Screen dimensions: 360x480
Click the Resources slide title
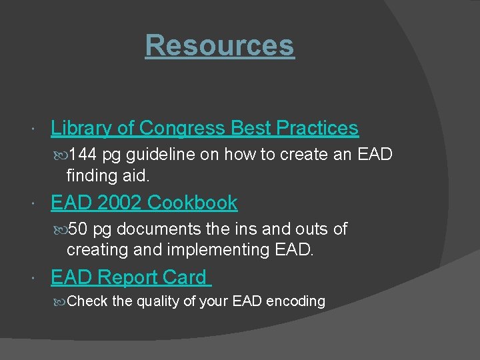(x=219, y=45)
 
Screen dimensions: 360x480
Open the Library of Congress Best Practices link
(x=205, y=127)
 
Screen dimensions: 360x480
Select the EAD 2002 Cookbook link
(x=144, y=202)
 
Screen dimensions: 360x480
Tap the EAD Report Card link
(x=129, y=277)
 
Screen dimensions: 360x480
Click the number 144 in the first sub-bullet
(x=83, y=155)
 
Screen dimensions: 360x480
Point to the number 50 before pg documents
(x=78, y=229)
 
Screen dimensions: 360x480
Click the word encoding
(x=295, y=301)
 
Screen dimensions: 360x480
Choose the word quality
(x=158, y=301)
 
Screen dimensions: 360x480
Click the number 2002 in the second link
(x=117, y=202)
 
